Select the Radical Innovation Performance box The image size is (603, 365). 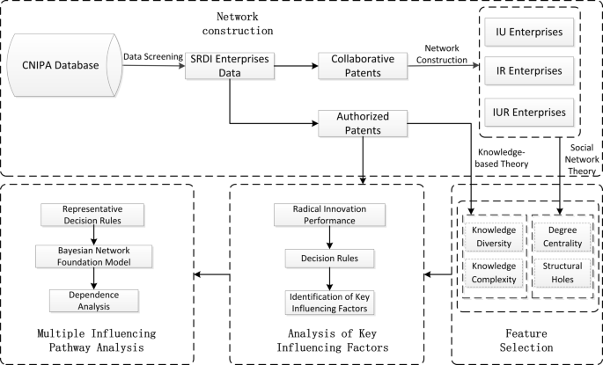click(329, 215)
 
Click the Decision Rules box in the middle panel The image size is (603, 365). click(329, 259)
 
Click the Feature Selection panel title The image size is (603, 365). click(526, 340)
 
